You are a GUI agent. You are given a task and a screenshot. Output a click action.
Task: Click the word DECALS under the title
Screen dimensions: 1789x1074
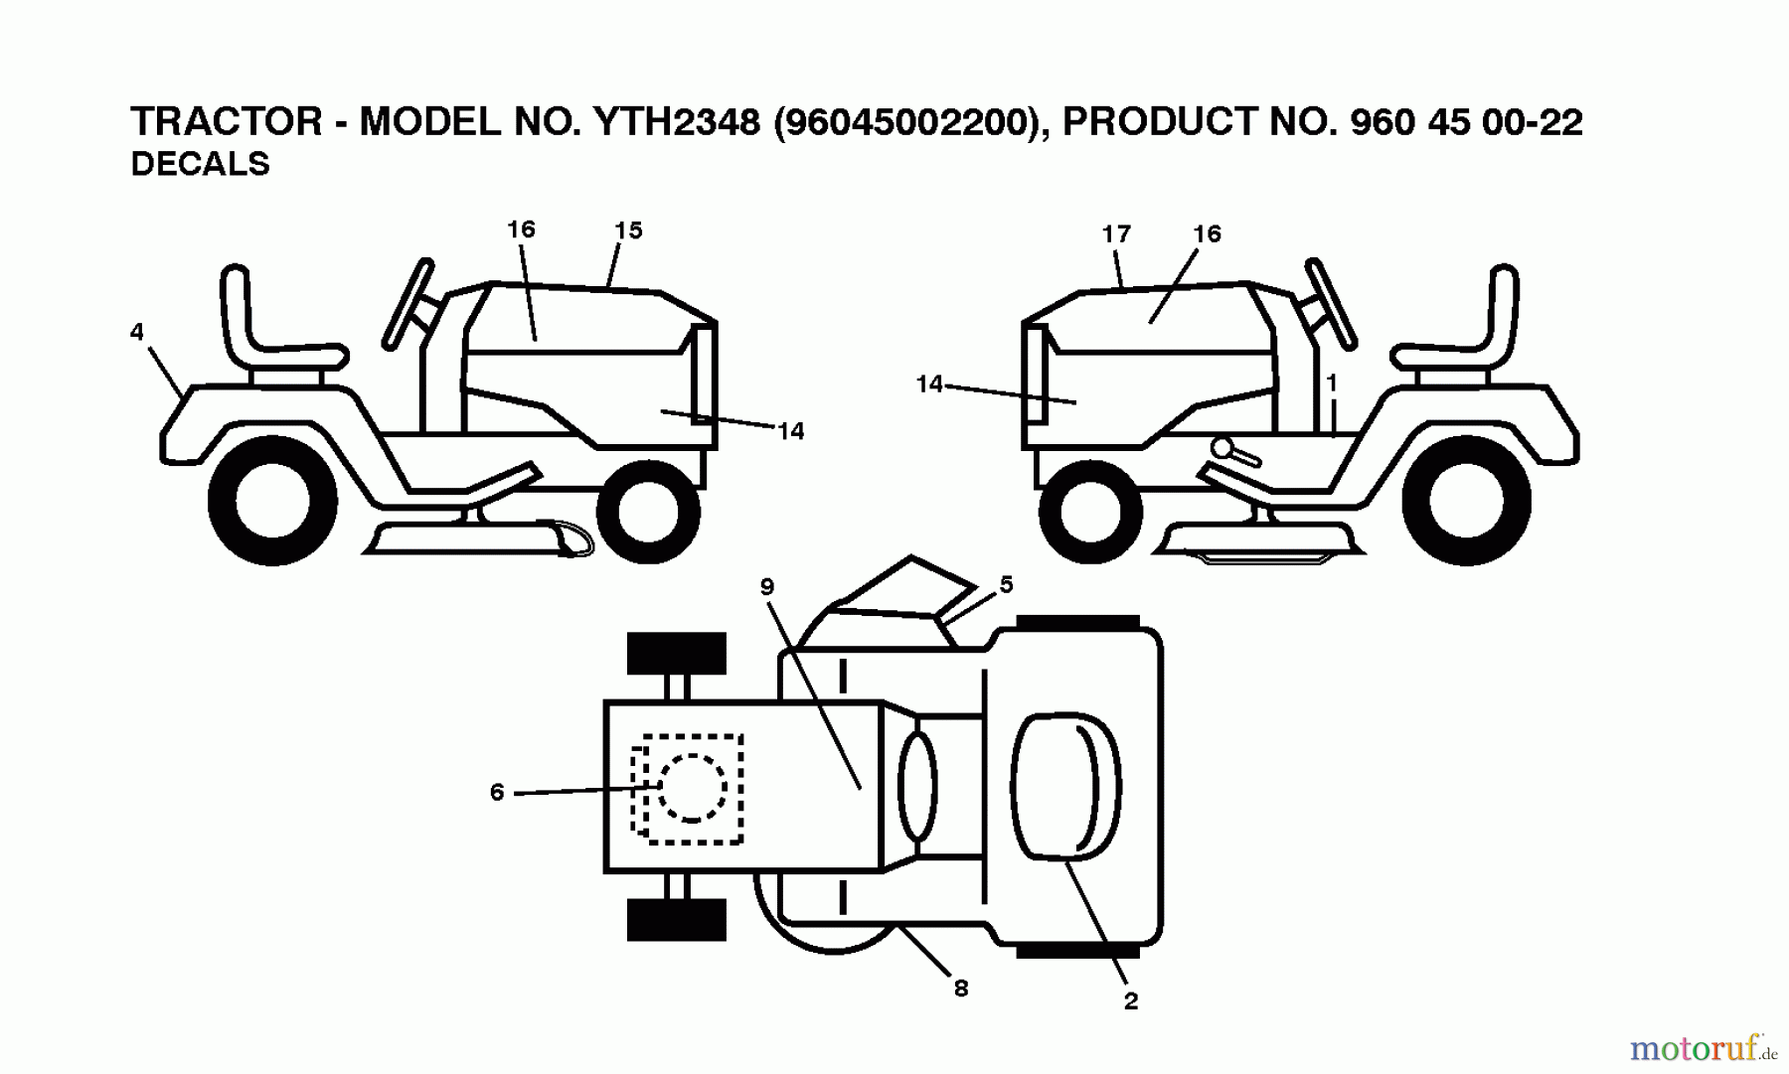[x=200, y=164]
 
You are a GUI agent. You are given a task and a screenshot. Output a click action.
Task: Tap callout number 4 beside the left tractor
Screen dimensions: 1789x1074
[x=137, y=332]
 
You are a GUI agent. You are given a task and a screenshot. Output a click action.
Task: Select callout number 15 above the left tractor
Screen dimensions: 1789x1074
[x=628, y=230]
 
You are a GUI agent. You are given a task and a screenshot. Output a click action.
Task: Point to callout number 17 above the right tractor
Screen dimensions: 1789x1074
[x=1116, y=234]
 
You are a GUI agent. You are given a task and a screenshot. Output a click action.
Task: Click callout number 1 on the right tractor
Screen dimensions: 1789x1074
[x=1332, y=383]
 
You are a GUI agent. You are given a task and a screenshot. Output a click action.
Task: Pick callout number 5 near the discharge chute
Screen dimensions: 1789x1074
[x=1006, y=585]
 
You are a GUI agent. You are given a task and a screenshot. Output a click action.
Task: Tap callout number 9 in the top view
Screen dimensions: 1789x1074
[x=766, y=587]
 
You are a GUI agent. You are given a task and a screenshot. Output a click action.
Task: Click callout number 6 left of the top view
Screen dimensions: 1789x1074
[x=497, y=792]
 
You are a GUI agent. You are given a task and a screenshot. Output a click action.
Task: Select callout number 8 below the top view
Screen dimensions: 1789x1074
[x=960, y=989]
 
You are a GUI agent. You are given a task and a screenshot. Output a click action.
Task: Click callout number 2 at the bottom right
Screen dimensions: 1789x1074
[x=1130, y=1001]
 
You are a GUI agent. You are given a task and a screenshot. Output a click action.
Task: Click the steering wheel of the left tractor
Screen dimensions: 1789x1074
[x=409, y=297]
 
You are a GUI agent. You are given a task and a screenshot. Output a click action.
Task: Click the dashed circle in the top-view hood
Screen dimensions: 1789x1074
[x=692, y=787]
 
